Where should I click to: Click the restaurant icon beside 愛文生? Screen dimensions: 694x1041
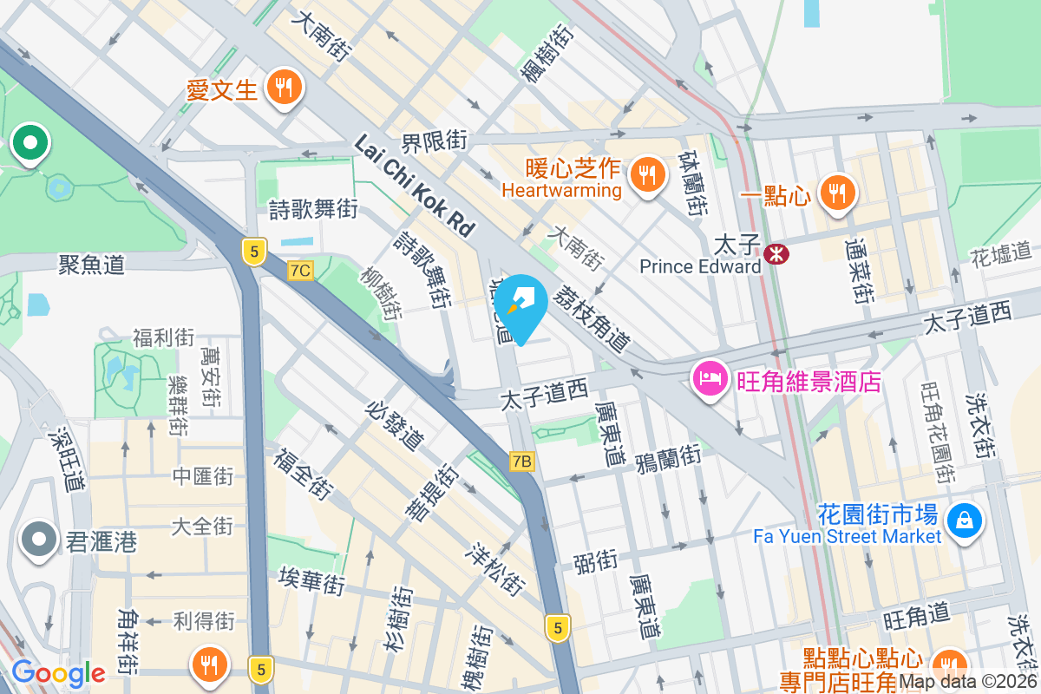[x=283, y=87]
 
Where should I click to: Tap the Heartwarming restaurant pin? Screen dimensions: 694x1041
[x=646, y=174]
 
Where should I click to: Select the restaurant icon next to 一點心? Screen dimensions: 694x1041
[x=837, y=193]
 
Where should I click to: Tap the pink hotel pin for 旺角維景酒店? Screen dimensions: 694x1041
[x=710, y=379]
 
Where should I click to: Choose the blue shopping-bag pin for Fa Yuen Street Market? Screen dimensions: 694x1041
[x=964, y=520]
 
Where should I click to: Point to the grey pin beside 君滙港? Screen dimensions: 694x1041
[x=38, y=540]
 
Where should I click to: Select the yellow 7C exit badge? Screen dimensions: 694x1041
[x=300, y=271]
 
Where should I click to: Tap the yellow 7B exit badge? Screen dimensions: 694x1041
[x=521, y=462]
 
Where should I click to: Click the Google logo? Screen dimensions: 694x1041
[x=58, y=672]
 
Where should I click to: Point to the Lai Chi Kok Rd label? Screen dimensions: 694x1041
[x=415, y=186]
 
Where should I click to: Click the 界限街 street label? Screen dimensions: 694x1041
[x=434, y=141]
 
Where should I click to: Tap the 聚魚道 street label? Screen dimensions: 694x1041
[x=91, y=264]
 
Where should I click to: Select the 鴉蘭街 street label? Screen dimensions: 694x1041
[x=667, y=455]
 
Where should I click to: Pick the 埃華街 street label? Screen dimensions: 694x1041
[x=312, y=579]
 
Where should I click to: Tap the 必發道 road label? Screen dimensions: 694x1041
[x=396, y=426]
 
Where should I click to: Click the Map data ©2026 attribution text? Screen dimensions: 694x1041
[x=968, y=682]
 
